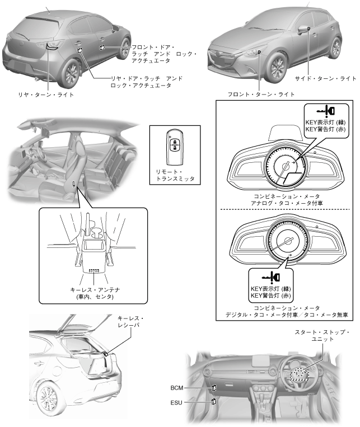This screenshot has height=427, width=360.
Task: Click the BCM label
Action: point(177,387)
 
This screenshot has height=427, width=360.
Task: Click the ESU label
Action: point(177,401)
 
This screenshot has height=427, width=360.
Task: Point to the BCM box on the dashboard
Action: point(214,387)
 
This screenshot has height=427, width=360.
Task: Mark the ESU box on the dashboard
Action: point(214,401)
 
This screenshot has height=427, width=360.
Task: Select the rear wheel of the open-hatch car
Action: point(46,400)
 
